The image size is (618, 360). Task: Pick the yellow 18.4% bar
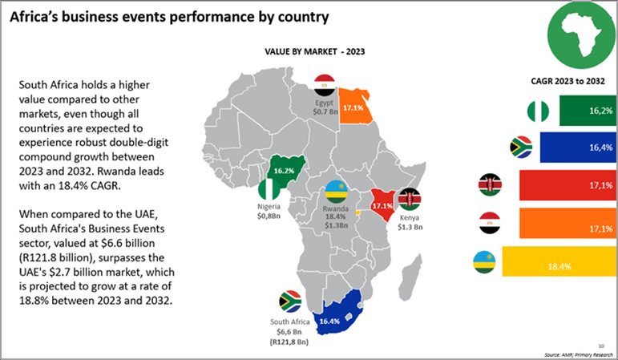tap(552, 264)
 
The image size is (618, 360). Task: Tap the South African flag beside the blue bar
tap(522, 147)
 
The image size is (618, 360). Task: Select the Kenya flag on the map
tap(411, 198)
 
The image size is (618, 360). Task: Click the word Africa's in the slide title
tap(42, 15)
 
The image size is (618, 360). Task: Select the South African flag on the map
tap(289, 303)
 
